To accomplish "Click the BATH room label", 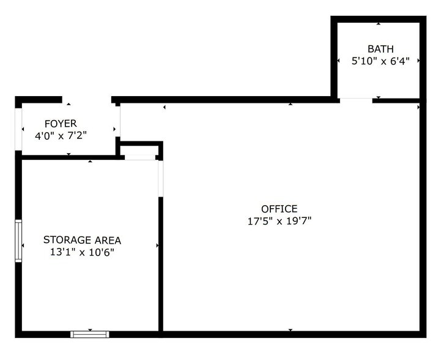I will [380, 49].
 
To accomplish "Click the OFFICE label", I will [279, 209].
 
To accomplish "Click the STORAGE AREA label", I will [82, 239].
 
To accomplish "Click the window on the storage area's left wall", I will [18, 241].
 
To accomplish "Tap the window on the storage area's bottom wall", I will [90, 334].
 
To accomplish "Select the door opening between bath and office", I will [355, 99].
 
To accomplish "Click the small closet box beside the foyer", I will [139, 151].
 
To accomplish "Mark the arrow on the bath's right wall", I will [418, 61].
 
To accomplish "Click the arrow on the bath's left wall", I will [339, 61].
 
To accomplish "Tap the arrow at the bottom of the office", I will [290, 331].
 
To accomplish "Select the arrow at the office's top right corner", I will [418, 108].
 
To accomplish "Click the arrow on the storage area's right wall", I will [158, 246].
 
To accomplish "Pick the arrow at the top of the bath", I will [379, 24].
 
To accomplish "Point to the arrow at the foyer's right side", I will [115, 129].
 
